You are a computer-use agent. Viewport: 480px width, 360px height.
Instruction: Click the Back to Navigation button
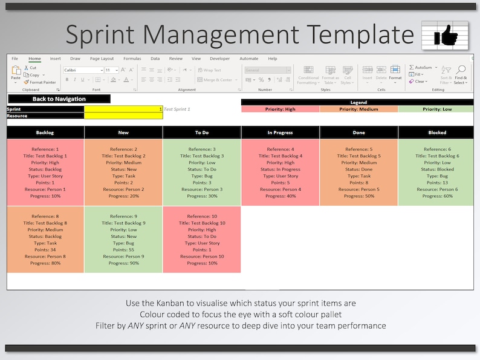point(59,99)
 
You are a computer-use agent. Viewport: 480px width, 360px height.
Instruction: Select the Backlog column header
point(45,132)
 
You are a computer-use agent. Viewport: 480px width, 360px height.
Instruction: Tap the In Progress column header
point(280,132)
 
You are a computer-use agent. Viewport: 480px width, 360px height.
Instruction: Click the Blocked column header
point(437,132)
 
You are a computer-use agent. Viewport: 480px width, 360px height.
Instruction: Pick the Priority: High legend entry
point(280,109)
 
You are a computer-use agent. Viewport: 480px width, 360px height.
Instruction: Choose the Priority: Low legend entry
point(437,109)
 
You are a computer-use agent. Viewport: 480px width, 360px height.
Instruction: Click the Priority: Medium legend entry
point(358,109)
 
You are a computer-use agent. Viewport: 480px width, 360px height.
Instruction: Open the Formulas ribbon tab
point(132,59)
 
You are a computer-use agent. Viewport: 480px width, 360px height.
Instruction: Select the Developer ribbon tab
point(219,59)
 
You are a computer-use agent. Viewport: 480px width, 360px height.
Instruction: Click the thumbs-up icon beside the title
point(444,34)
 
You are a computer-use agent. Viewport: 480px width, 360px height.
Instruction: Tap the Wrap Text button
point(209,70)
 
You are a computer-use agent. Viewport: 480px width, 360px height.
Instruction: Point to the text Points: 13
point(437,183)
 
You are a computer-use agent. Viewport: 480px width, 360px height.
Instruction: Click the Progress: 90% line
point(123,263)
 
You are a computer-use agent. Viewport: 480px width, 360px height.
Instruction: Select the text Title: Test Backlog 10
point(202,223)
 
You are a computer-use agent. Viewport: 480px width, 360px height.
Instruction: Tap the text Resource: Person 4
point(280,189)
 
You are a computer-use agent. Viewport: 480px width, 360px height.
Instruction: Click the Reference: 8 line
point(45,216)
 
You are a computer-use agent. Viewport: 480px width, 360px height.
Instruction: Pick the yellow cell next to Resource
point(123,116)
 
